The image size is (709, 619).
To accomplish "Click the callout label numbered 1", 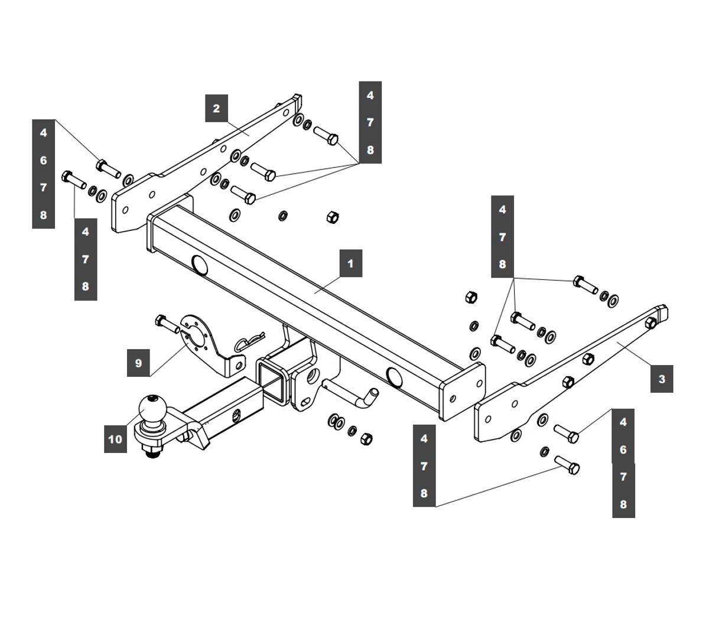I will pyautogui.click(x=350, y=263).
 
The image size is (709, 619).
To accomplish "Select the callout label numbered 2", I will pyautogui.click(x=216, y=108).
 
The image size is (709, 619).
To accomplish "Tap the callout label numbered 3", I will pyautogui.click(x=661, y=379).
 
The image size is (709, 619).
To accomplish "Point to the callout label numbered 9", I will pyautogui.click(x=138, y=363).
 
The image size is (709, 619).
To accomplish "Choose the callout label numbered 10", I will pyautogui.click(x=115, y=439).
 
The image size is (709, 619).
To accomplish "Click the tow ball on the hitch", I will pyautogui.click(x=152, y=408).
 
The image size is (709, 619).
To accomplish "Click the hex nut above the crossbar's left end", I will pyautogui.click(x=332, y=217).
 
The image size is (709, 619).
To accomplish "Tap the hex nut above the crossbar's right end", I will pyautogui.click(x=471, y=297).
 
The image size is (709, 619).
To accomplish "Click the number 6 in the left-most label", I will pyautogui.click(x=43, y=160).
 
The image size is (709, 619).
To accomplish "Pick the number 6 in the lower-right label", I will pyautogui.click(x=623, y=449).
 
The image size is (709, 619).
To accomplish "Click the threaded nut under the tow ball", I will pyautogui.click(x=152, y=452).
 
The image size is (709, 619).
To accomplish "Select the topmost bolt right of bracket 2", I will pyautogui.click(x=326, y=135).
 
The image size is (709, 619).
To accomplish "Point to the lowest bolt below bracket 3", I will pyautogui.click(x=567, y=464).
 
